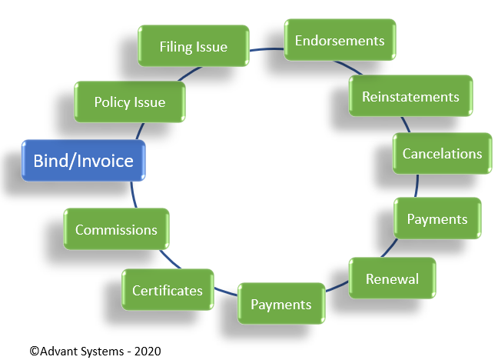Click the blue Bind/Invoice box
tap(83, 162)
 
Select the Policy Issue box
tap(129, 102)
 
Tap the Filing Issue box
tap(194, 46)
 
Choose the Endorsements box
tap(340, 40)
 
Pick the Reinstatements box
tap(410, 96)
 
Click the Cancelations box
tap(442, 153)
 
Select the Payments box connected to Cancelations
tap(437, 219)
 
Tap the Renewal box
tap(392, 278)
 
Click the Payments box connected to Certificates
tap(281, 305)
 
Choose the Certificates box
tap(168, 290)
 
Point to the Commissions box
tap(116, 229)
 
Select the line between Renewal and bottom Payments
tap(336, 289)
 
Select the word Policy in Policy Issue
tap(112, 102)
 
